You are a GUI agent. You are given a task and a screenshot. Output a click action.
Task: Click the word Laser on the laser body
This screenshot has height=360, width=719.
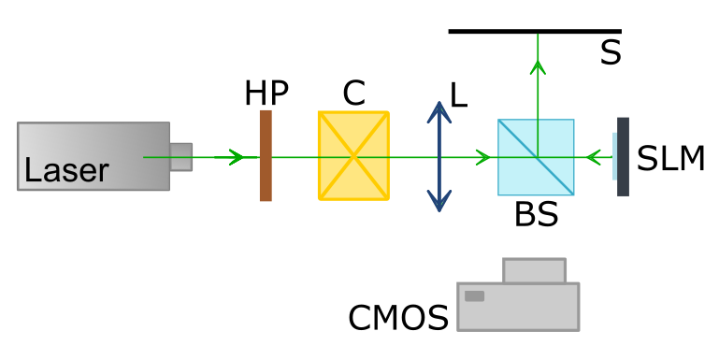tap(66, 170)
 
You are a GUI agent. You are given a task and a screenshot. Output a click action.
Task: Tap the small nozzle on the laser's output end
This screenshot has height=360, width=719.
tap(181, 157)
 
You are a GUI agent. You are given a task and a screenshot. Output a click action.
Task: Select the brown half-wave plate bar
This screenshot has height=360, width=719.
tap(266, 155)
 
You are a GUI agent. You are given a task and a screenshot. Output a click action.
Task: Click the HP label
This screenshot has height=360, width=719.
tap(266, 93)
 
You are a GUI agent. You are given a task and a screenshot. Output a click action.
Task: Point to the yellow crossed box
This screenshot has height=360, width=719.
tap(354, 155)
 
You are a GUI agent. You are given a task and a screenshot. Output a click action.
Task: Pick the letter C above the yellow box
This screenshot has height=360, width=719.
tap(354, 94)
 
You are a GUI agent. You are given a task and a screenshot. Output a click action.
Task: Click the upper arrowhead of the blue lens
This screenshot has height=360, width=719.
tap(439, 112)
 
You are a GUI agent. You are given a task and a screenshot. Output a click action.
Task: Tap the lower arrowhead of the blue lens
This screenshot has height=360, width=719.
tap(439, 201)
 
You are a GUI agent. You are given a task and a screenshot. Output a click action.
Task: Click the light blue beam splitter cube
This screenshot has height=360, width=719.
tap(536, 157)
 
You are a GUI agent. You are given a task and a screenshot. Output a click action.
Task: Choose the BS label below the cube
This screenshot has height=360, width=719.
tap(537, 214)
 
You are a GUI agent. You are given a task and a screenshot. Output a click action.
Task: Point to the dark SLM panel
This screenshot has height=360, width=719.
tap(623, 157)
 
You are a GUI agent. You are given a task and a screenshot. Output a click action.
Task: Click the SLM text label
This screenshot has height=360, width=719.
tap(671, 159)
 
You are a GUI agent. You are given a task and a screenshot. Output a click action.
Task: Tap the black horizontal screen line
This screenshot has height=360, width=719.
tap(535, 31)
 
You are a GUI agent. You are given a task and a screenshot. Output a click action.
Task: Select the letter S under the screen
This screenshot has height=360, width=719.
tap(611, 52)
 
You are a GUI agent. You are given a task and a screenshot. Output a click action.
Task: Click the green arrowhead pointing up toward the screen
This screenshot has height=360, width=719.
tap(538, 67)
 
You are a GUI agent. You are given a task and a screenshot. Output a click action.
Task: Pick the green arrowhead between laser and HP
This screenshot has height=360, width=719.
tap(236, 157)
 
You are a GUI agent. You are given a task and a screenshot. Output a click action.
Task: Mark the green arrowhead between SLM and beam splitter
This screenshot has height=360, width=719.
tap(594, 157)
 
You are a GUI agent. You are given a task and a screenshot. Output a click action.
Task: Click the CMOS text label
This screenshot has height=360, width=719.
tap(398, 318)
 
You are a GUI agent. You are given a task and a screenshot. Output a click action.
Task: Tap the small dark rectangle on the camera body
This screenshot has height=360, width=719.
tap(475, 296)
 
